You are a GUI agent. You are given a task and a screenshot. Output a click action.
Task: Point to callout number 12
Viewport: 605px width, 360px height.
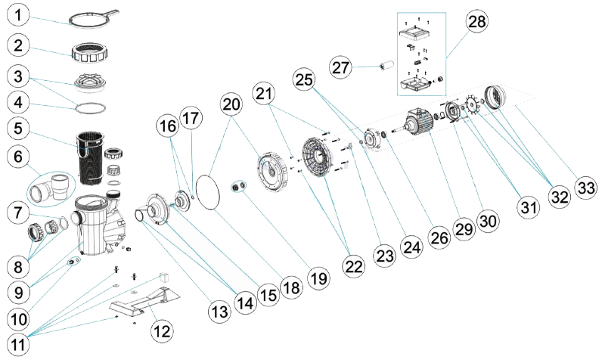163,329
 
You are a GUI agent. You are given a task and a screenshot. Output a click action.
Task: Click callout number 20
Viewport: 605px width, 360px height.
231,105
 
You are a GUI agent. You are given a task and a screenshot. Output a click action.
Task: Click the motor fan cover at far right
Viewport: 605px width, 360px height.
498,98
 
